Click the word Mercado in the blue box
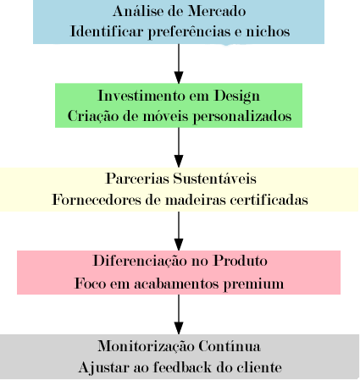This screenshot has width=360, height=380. point(217,11)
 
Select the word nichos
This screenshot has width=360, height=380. point(268,31)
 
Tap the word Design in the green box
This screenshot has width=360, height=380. point(237,96)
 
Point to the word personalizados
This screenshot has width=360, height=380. point(242,117)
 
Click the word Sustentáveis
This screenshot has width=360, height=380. point(214,179)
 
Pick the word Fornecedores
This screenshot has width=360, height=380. point(97,200)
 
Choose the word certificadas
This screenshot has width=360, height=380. point(269,200)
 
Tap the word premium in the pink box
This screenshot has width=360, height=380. point(253,284)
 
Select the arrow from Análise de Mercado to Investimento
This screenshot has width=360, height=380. point(179,63)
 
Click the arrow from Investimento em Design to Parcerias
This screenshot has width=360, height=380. point(179,147)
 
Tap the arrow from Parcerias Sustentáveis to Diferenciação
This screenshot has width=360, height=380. point(179,231)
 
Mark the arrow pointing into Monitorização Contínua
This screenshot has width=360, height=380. point(179,315)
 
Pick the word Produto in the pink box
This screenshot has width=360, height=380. point(240,261)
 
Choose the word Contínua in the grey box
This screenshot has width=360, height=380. point(230,346)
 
